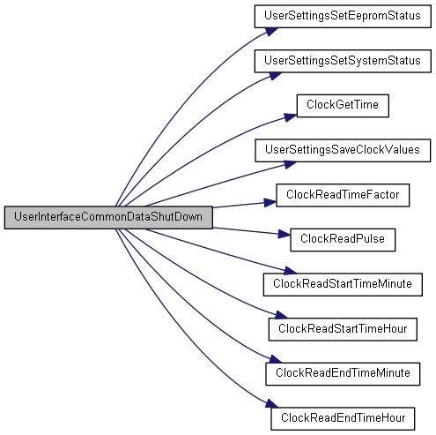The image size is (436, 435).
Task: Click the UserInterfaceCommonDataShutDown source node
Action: pyautogui.click(x=108, y=217)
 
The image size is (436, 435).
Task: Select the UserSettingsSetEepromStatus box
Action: pyautogui.click(x=343, y=16)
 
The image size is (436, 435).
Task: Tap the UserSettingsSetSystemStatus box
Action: pyautogui.click(x=343, y=61)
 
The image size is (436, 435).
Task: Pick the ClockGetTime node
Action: pyautogui.click(x=343, y=106)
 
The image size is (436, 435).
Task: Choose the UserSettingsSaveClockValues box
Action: pyautogui.click(x=343, y=150)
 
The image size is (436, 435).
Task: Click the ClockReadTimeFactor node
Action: pyautogui.click(x=343, y=195)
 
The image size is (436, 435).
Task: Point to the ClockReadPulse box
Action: pyautogui.click(x=343, y=240)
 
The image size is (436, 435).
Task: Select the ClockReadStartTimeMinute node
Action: pyautogui.click(x=343, y=284)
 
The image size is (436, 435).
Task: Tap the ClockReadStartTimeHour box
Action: pyautogui.click(x=343, y=329)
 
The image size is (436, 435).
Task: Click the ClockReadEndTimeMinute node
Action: pyautogui.click(x=343, y=374)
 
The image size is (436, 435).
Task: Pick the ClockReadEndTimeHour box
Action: pyautogui.click(x=343, y=418)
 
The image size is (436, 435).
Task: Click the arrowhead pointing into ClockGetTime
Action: pyautogui.click(x=291, y=117)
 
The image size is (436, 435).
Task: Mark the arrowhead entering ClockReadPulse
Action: pyautogui.click(x=284, y=234)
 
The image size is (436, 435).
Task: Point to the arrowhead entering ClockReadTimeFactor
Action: pyautogui.click(x=270, y=202)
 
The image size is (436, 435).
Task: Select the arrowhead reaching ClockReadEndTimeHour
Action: pyautogui.click(x=271, y=403)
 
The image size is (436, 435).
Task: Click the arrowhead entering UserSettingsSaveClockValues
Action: pyautogui.click(x=290, y=164)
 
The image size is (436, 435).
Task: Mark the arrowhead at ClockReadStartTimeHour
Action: pyautogui.click(x=281, y=315)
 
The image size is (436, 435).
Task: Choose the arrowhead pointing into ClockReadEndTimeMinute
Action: pyautogui.click(x=276, y=359)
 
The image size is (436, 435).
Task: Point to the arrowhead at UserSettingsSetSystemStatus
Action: pyautogui.click(x=276, y=76)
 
